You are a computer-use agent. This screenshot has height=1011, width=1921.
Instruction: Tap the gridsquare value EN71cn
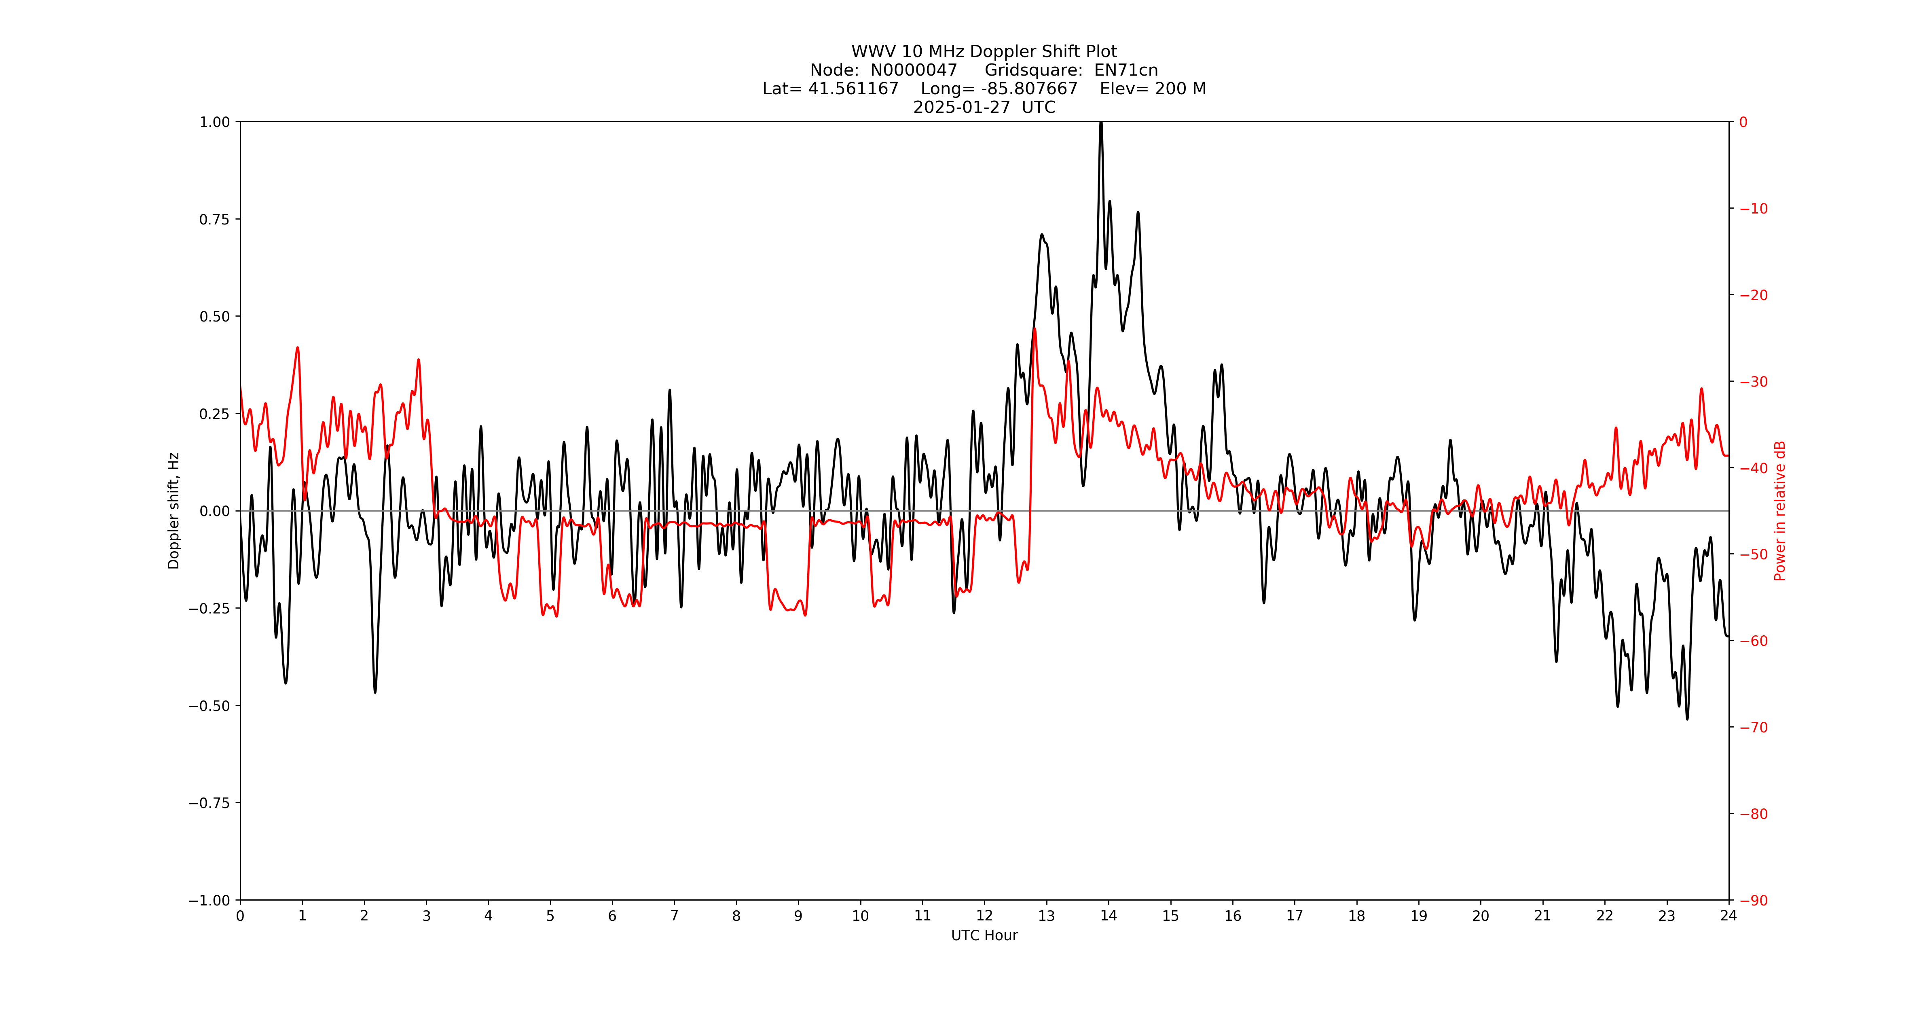pyautogui.click(x=1126, y=70)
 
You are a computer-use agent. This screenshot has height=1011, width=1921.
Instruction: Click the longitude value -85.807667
pyautogui.click(x=1029, y=89)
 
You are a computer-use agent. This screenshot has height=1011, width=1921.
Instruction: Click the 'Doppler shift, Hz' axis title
pyautogui.click(x=174, y=511)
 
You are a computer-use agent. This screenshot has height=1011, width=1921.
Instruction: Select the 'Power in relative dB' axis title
pyautogui.click(x=1780, y=511)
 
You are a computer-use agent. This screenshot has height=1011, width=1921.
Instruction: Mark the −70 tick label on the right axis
pyautogui.click(x=1753, y=727)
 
